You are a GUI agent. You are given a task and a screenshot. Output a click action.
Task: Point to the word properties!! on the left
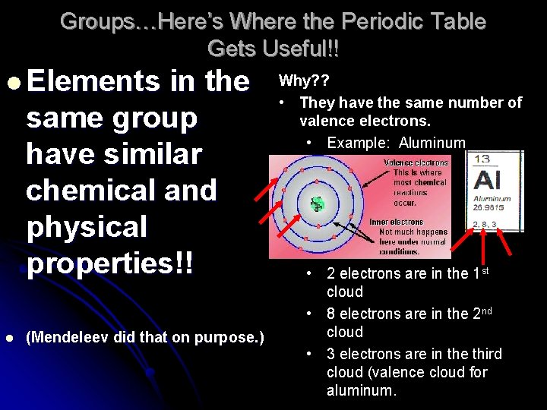coord(110,263)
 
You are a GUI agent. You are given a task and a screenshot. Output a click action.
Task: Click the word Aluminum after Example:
coord(432,143)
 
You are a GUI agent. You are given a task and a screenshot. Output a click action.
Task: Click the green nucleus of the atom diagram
coord(317,203)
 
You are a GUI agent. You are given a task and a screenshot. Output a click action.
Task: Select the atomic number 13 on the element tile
coord(482,159)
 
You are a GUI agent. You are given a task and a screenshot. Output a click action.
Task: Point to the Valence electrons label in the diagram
coord(416,162)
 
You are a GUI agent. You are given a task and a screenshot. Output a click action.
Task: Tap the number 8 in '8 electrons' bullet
coord(331,314)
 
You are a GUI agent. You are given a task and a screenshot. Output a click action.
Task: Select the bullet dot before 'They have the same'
coord(281,102)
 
